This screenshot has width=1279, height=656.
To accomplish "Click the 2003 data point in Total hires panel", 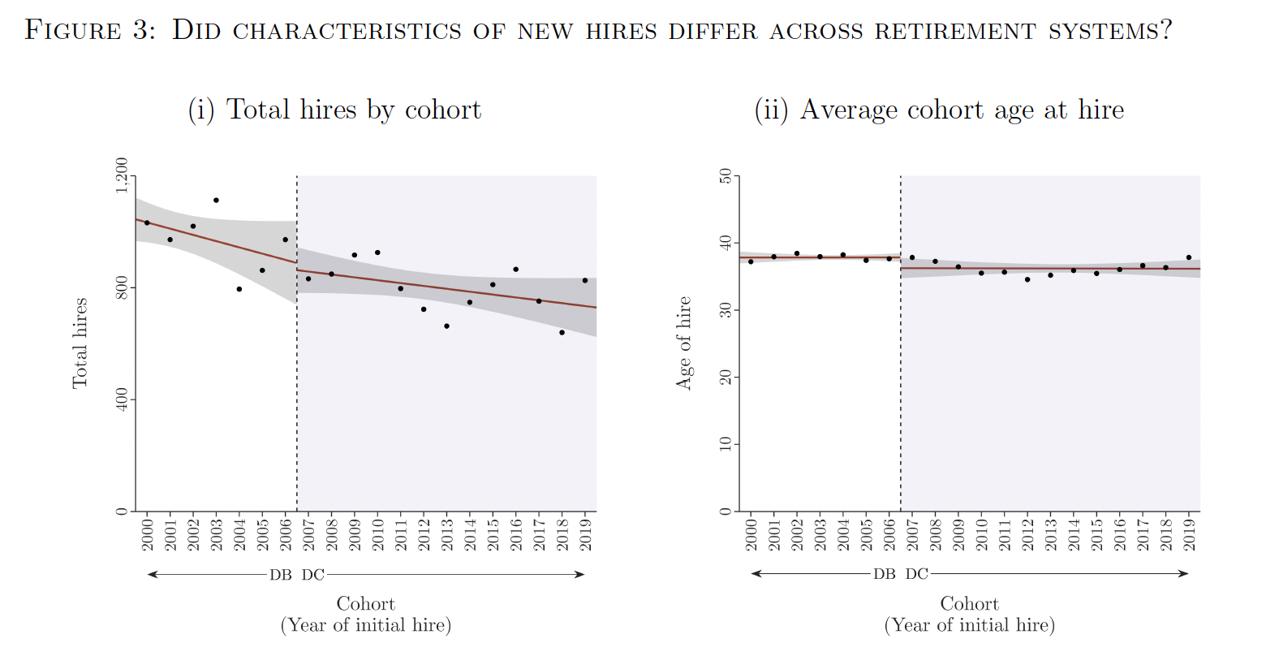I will pos(216,200).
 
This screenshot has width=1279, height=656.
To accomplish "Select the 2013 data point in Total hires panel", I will pos(446,326).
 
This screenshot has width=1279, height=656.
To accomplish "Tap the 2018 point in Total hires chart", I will pos(562,332).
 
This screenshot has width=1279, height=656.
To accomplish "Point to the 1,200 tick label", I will pos(122,175).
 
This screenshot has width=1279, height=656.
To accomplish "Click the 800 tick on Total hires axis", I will pos(122,287).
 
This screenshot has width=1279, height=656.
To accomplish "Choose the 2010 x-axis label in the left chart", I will pos(377,533).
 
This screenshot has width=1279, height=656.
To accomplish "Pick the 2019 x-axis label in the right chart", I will pos(1189,533).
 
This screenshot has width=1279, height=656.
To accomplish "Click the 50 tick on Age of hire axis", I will pos(726,176).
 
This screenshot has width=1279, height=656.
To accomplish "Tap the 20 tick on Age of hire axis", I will pos(726,377).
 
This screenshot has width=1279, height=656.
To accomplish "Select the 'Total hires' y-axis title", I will pos(80,343).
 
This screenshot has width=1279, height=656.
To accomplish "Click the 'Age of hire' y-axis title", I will pos(683,343).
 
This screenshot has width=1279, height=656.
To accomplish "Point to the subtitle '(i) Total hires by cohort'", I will pos(334,110).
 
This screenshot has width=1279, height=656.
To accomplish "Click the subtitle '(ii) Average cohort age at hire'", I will pos(939,110).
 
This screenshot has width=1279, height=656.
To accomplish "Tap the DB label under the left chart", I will pos(281,575).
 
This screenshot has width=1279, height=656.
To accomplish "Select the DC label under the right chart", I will pos(917,574).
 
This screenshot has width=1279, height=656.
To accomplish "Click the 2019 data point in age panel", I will pos(1189,257).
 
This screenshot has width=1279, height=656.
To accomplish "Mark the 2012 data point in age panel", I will pos(1027,279).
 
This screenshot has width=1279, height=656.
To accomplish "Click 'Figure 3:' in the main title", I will pos(89,30).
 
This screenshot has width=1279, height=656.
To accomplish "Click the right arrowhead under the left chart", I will pos(580,575).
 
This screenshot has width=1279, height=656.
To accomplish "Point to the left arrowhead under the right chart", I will pos(756,574).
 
